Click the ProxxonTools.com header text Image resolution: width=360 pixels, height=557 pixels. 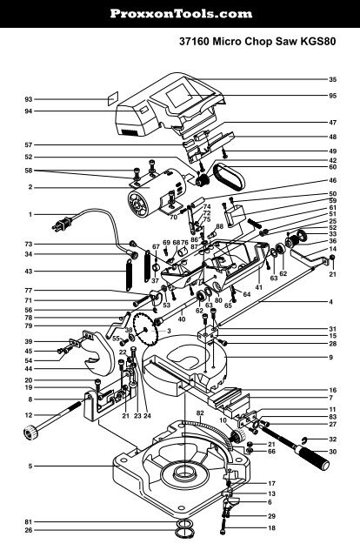click(180, 14)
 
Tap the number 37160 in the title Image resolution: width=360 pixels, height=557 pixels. click(198, 41)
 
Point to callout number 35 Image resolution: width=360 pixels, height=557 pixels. click(332, 80)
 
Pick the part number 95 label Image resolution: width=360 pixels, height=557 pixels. click(332, 95)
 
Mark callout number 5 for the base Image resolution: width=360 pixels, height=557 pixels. click(30, 466)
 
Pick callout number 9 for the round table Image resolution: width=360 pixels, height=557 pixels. click(332, 357)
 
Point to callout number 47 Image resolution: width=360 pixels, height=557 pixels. click(332, 123)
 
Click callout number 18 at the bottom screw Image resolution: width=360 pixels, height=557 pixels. click(271, 528)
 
